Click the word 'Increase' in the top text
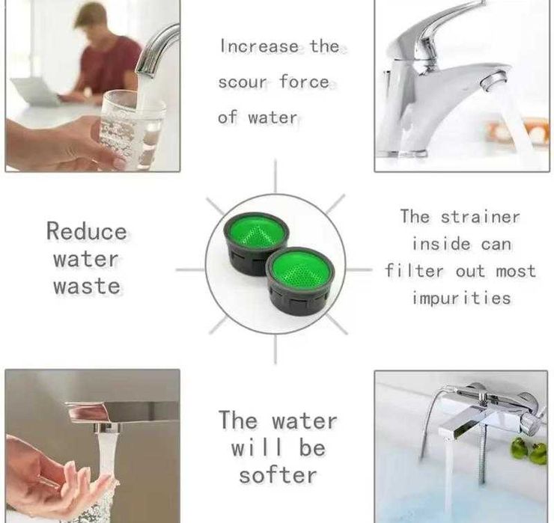260,46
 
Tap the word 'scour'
243,82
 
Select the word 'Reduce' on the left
87,231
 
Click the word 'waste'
87,286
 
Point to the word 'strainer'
481,216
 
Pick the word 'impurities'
462,299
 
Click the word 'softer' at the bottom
278,475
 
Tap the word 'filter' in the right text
414,271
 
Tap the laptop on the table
35,91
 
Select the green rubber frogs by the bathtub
527,450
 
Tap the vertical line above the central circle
276,176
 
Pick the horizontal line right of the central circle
359,270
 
